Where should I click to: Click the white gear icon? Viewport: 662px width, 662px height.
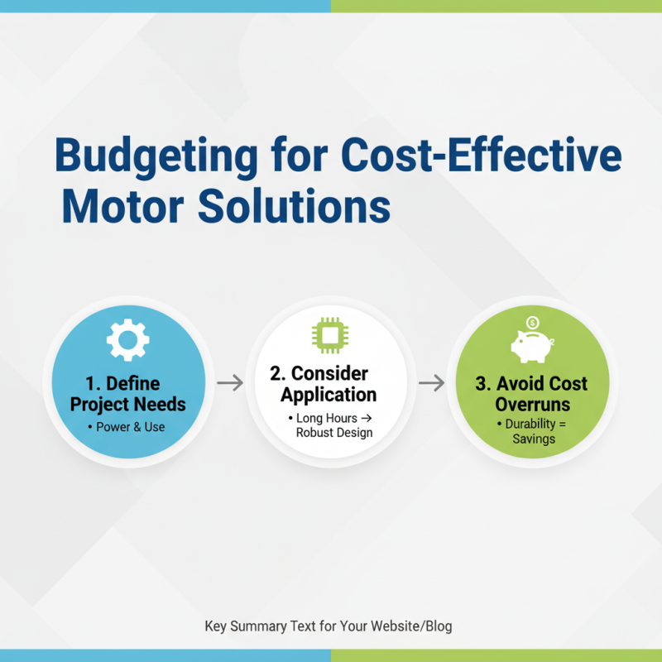(x=128, y=339)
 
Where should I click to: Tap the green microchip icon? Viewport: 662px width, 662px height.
(x=329, y=335)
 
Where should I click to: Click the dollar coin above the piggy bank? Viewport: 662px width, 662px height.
(x=533, y=322)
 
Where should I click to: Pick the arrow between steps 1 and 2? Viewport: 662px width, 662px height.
(x=230, y=382)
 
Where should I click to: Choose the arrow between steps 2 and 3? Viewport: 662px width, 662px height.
(x=430, y=382)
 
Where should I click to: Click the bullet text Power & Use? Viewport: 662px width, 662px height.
(x=130, y=427)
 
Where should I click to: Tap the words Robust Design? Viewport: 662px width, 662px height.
(x=333, y=432)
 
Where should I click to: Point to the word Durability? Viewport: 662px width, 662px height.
(x=534, y=423)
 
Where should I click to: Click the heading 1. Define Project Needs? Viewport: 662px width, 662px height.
(x=127, y=394)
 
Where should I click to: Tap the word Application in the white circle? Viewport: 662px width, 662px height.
(x=329, y=394)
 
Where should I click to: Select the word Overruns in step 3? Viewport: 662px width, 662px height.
(x=530, y=405)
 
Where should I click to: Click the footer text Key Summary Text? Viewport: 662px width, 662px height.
(x=259, y=626)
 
